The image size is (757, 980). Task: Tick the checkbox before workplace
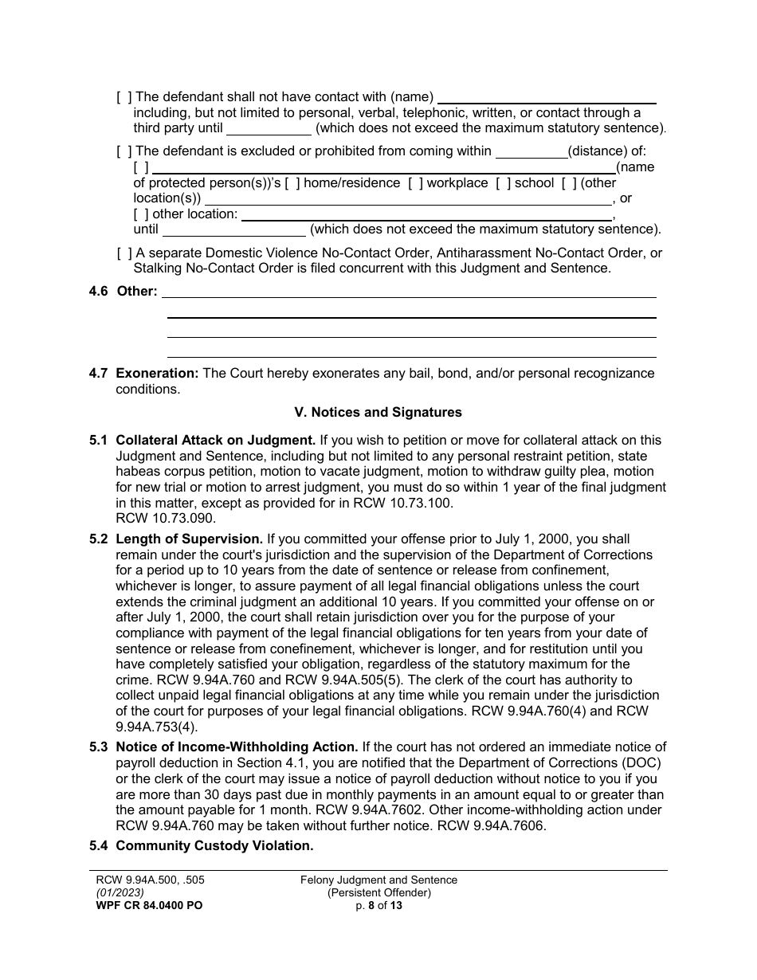coord(415,183)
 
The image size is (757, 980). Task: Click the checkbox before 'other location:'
coord(141,214)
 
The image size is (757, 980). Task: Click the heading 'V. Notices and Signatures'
coord(378,413)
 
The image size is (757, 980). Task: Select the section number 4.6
coord(99,292)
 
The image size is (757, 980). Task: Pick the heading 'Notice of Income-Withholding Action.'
coord(236,747)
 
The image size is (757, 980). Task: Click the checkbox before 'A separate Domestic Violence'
coord(124,253)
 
